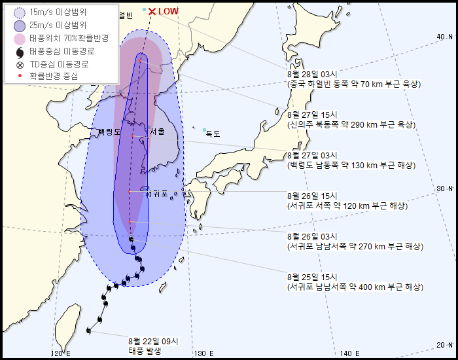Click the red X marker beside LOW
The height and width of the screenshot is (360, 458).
coord(152,11)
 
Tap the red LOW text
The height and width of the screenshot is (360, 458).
coord(169,11)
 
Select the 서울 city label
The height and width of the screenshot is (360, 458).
coord(157,132)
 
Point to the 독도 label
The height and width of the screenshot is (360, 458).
coord(213,134)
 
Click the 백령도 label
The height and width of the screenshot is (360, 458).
coord(109,132)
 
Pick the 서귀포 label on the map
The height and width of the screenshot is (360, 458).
coord(157,194)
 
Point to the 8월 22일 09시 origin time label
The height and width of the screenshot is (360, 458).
coord(153,340)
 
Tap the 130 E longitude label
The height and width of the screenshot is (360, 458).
coord(203,353)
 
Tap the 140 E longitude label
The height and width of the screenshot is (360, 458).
coord(351,353)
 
